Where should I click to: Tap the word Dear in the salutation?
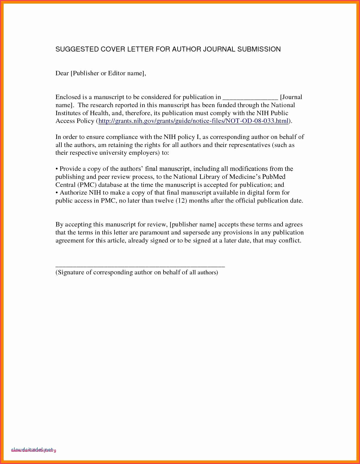[62, 73]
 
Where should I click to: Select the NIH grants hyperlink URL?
[193, 121]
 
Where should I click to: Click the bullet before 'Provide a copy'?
[57, 169]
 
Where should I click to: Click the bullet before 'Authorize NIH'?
[57, 193]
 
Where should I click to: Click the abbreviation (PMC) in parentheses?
[87, 185]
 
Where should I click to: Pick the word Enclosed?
[68, 97]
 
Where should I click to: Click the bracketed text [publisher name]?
[193, 225]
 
